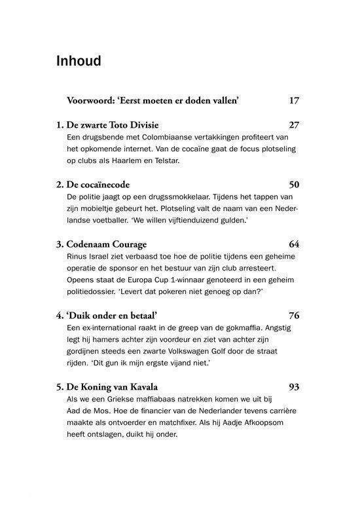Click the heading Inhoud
[79, 62]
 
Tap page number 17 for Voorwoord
[293, 101]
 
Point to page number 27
[293, 124]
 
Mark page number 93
[293, 386]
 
